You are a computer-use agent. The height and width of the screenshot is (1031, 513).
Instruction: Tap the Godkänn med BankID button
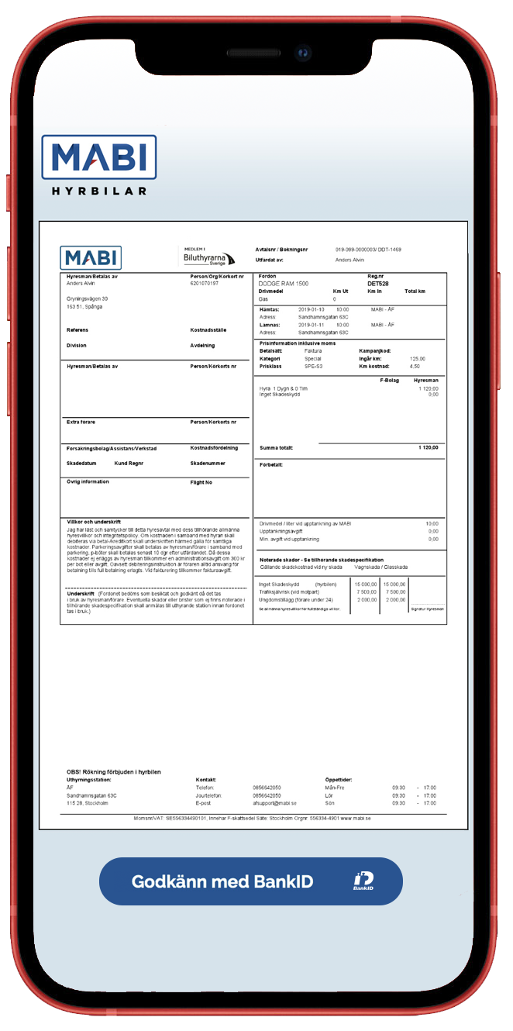point(250,881)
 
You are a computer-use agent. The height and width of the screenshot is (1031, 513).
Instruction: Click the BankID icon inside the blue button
point(363,881)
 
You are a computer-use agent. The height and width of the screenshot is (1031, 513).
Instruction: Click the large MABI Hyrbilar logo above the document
point(98,165)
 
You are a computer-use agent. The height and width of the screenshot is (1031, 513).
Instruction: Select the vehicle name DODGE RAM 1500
point(283,284)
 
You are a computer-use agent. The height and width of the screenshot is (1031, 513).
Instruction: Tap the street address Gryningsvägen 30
point(88,298)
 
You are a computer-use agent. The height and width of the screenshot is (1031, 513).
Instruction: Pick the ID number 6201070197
point(204,284)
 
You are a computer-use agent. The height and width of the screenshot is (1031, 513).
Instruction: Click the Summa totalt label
point(276,447)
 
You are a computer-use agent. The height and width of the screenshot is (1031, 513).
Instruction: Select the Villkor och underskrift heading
point(94,522)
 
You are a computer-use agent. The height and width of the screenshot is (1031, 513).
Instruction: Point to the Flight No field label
point(201,481)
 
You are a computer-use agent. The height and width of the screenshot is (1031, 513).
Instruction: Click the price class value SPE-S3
point(314,366)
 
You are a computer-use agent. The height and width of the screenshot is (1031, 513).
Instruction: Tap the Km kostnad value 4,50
point(415,366)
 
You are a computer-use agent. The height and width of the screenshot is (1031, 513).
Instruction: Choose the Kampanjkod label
point(375,350)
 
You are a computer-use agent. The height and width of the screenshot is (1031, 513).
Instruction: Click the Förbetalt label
point(270,465)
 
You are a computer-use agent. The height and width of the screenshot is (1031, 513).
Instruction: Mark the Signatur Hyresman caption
point(426,609)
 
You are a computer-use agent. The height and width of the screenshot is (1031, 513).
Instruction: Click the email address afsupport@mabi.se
point(274,803)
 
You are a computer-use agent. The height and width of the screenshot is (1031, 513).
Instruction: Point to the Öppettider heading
point(339,779)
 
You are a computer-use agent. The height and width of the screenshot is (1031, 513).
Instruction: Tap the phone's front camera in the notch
point(304,53)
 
